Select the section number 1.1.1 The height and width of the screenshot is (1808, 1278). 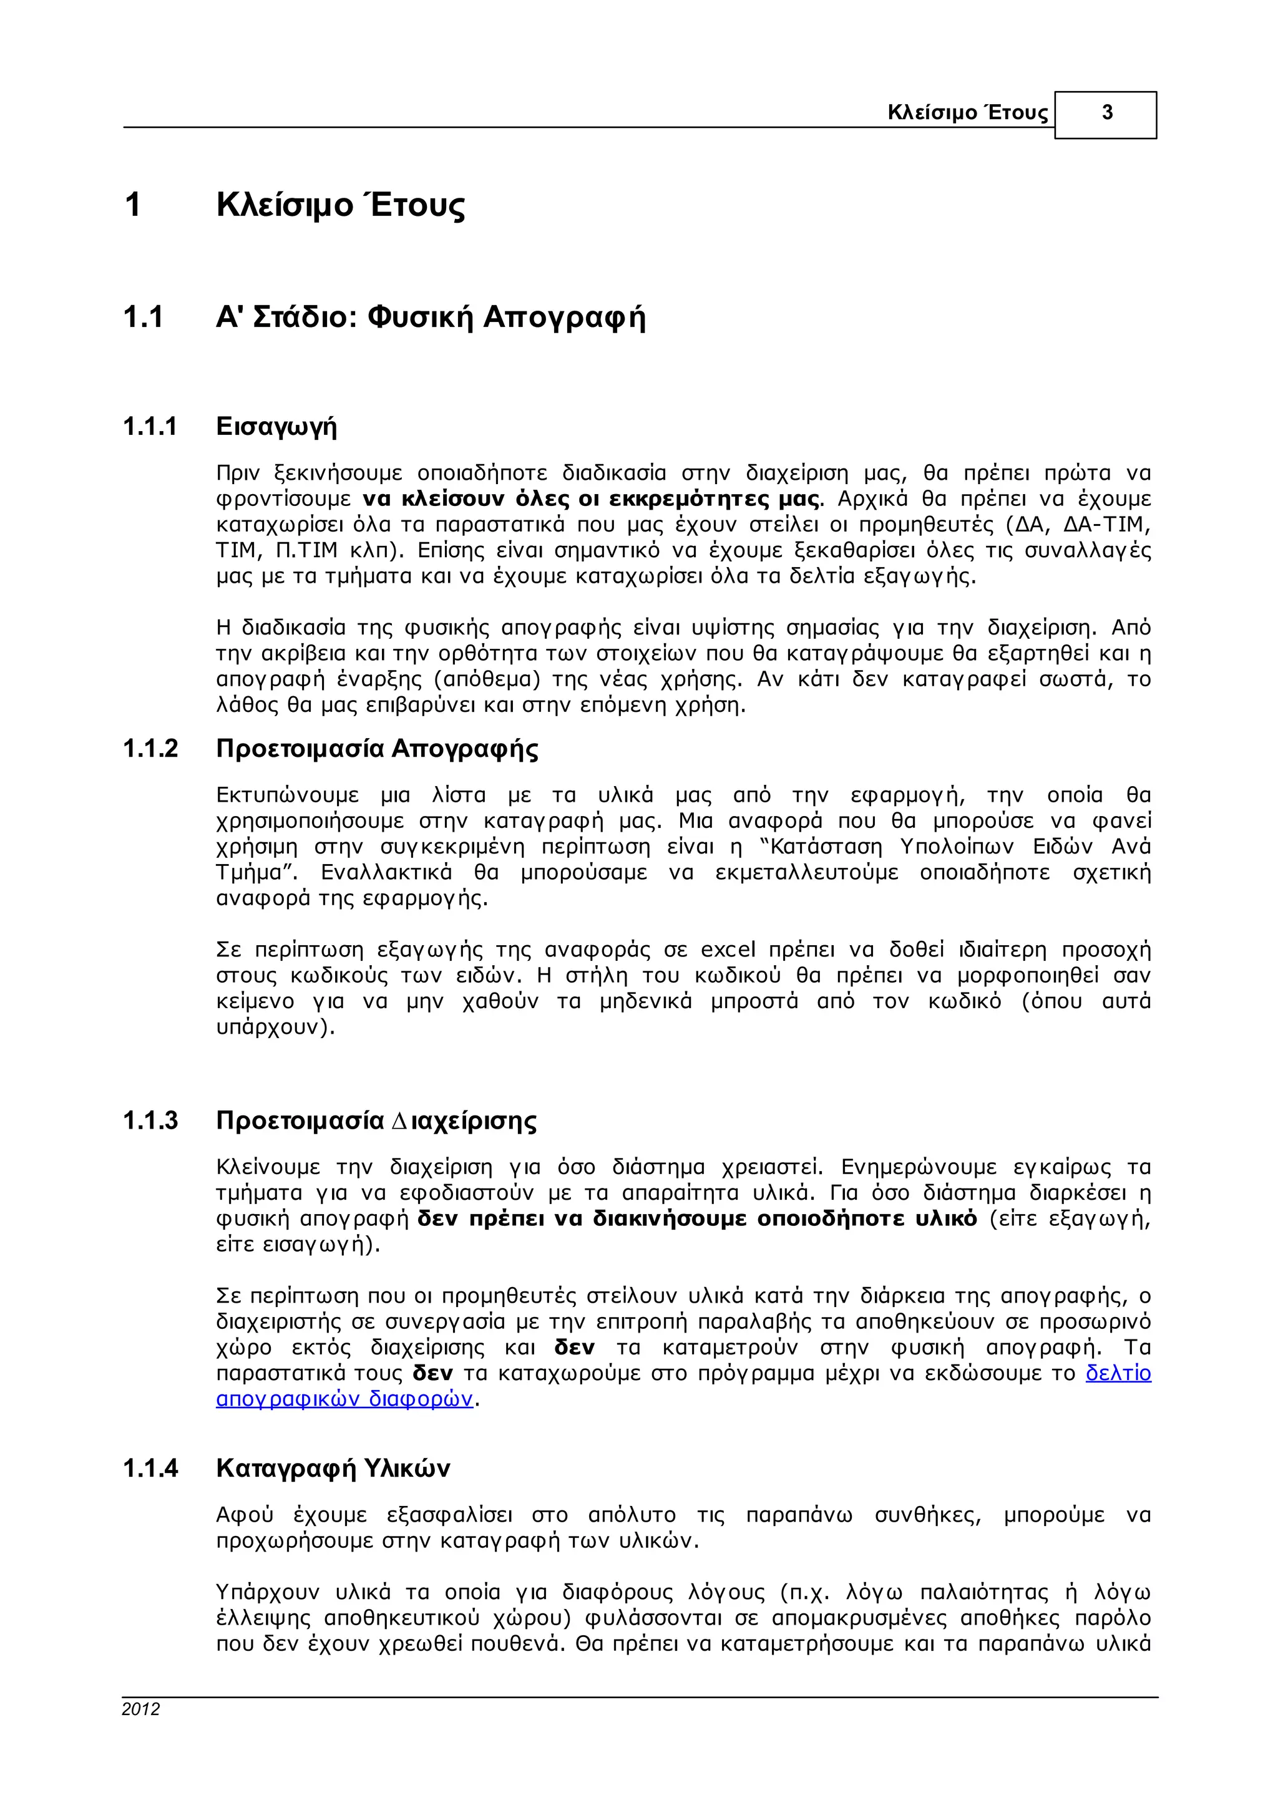150,427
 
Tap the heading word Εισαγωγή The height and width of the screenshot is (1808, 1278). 276,427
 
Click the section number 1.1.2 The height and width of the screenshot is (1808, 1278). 150,748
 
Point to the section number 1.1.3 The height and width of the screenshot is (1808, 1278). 150,1120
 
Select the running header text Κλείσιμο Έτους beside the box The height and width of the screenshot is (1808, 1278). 968,112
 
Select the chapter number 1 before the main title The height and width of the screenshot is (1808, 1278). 132,205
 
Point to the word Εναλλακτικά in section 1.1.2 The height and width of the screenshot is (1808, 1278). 387,873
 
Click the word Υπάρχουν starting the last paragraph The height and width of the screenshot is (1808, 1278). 268,1592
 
